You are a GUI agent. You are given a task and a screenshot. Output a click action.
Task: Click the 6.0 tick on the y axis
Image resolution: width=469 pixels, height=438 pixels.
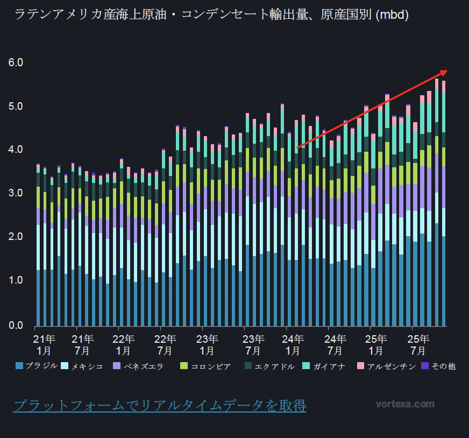[x=16, y=62]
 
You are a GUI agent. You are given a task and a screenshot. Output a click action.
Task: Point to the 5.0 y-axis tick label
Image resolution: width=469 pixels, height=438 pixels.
[x=16, y=106]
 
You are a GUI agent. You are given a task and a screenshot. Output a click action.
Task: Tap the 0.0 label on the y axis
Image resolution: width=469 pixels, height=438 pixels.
[x=16, y=324]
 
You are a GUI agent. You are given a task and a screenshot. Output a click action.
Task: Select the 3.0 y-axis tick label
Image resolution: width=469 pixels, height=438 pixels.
[x=16, y=193]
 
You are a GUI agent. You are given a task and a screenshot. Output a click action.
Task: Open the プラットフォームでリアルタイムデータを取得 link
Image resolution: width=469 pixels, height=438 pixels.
[x=159, y=405]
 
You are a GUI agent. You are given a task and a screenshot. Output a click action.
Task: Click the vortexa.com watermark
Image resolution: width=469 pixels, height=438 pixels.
[x=405, y=404]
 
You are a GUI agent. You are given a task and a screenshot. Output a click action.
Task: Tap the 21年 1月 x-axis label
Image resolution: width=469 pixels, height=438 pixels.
[x=44, y=344]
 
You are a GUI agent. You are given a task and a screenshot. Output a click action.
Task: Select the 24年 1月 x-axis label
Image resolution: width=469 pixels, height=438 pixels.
[x=293, y=344]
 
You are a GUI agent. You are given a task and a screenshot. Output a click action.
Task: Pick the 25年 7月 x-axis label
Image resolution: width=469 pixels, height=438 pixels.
[x=418, y=344]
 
